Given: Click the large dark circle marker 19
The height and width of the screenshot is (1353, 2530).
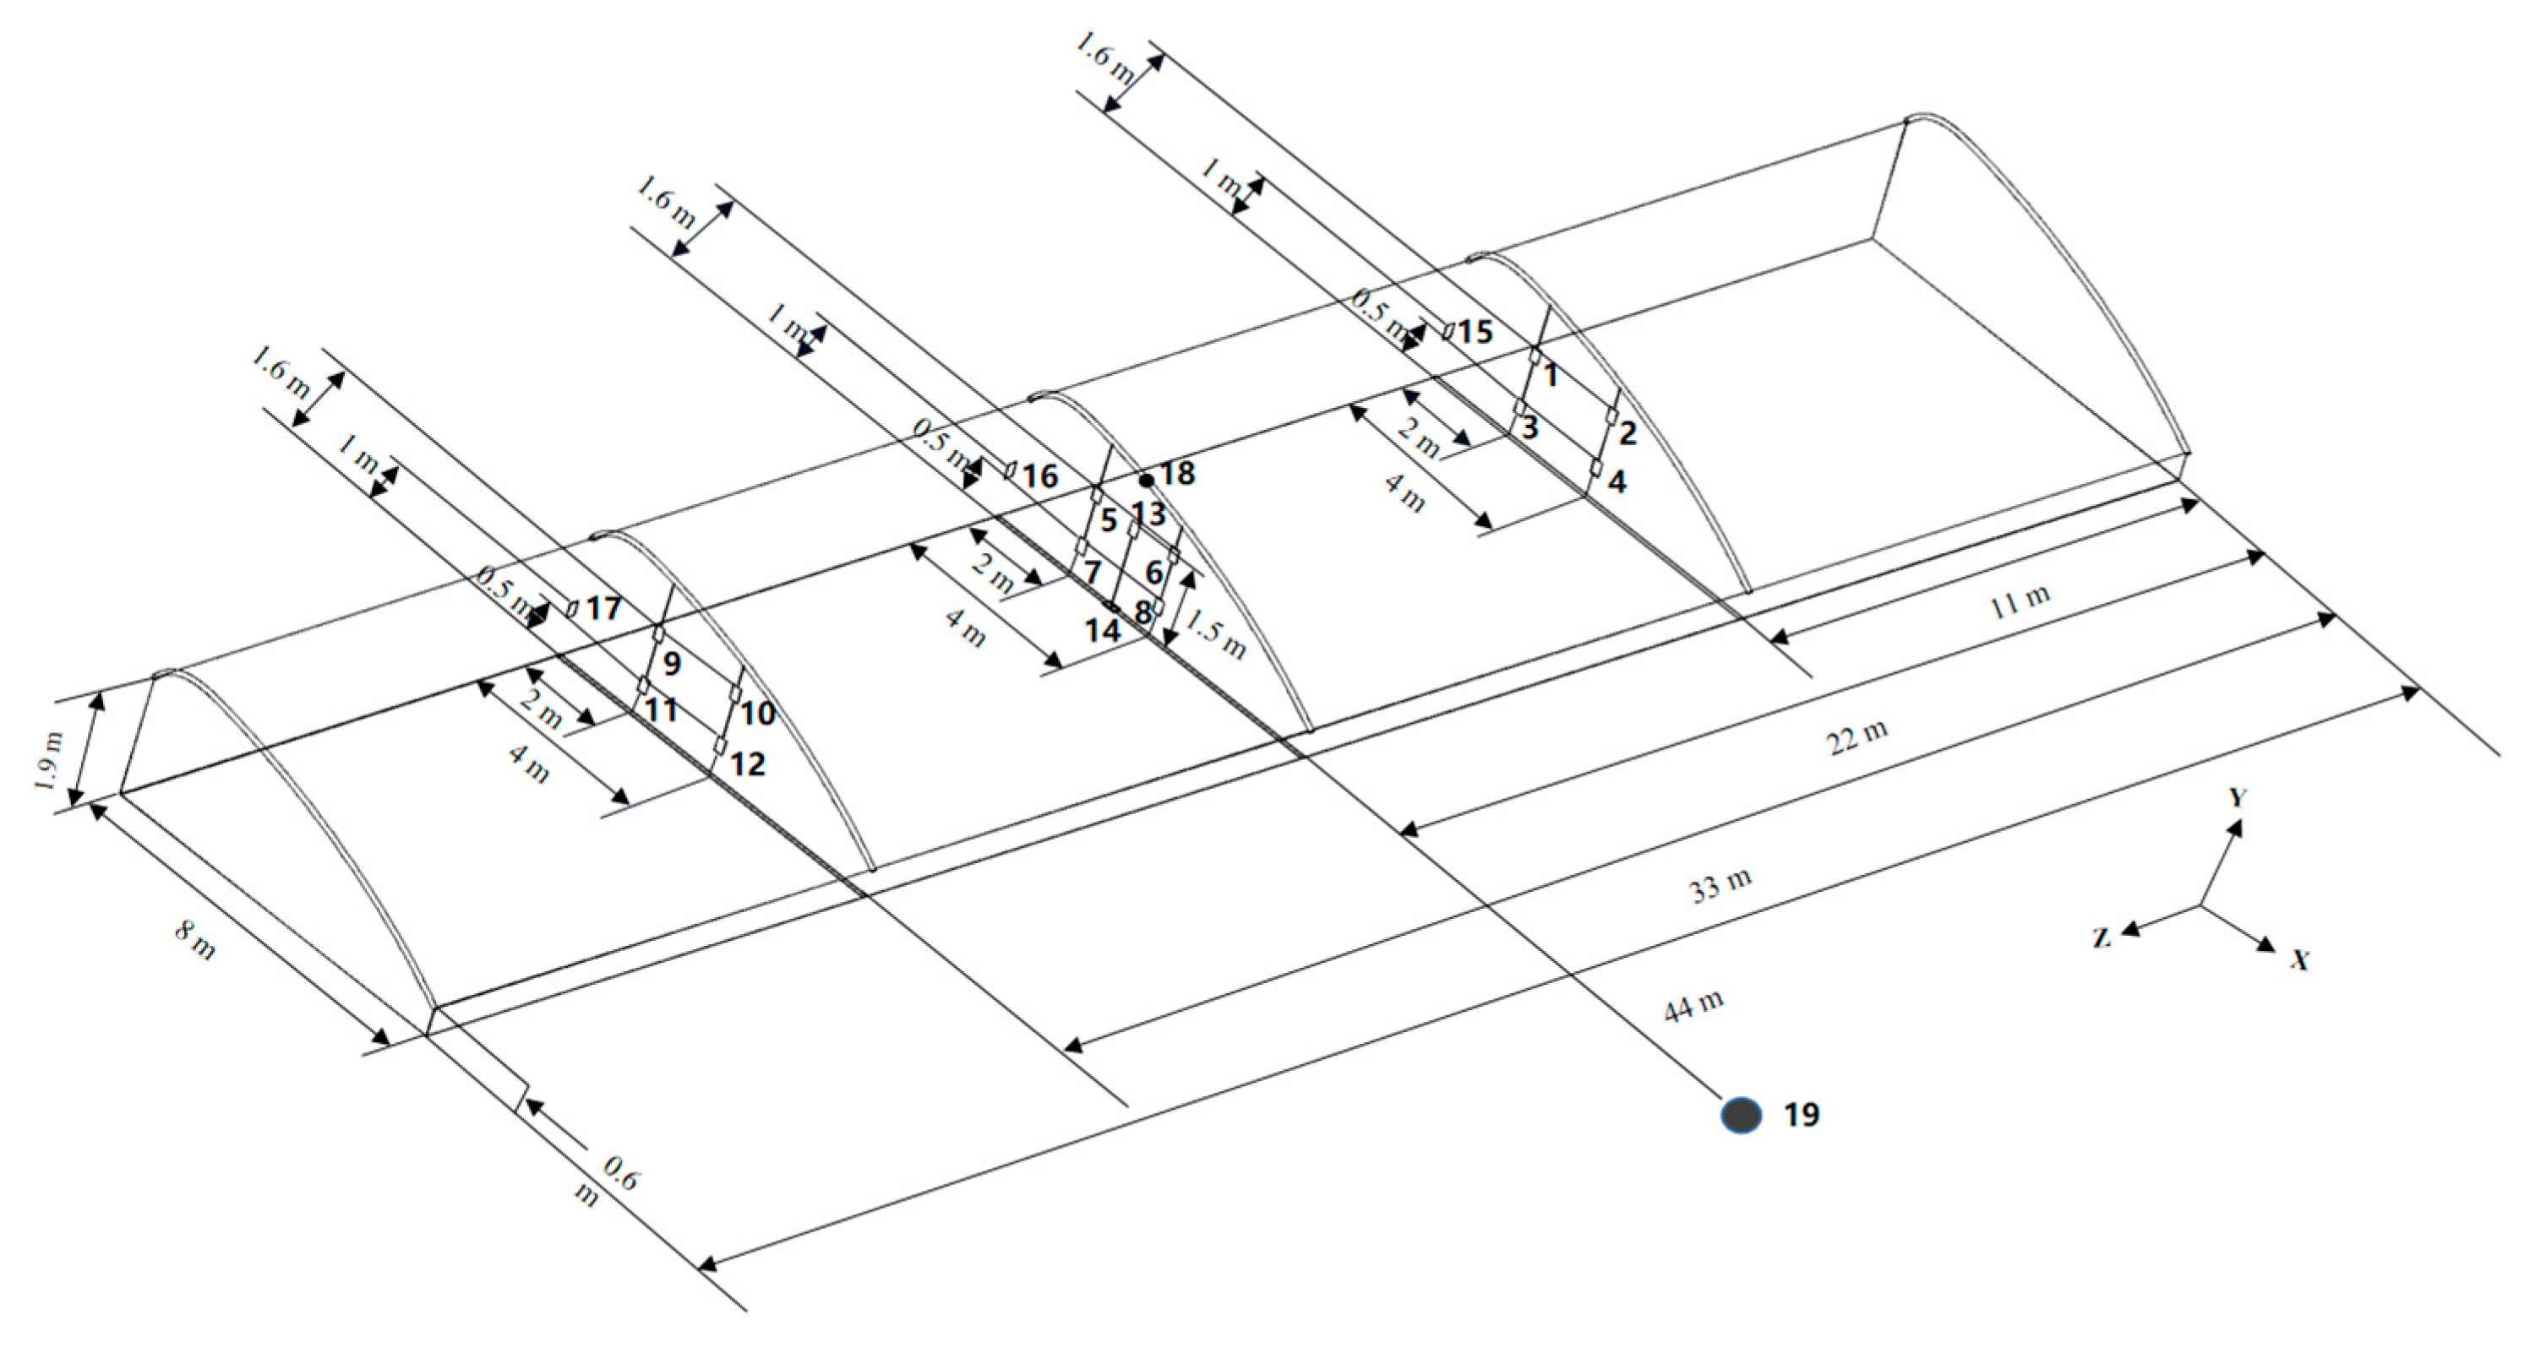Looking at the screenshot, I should tap(1741, 1114).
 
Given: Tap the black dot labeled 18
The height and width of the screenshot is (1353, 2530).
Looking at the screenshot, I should tap(1146, 480).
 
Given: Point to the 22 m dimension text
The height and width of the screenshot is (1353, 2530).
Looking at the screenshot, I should tap(1857, 737).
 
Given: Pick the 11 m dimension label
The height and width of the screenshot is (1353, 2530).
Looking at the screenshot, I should tap(2020, 600).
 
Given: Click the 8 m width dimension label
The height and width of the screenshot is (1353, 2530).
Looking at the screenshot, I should tap(194, 940).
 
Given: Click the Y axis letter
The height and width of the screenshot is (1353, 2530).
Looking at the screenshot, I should tap(2238, 796).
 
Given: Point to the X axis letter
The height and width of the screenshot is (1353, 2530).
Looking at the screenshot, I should tap(2300, 959).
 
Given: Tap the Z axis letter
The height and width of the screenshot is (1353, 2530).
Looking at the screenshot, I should tap(2101, 937).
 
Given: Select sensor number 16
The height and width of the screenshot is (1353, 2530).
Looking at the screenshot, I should tap(1039, 477).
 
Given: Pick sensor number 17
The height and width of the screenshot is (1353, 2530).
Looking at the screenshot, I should tap(603, 609).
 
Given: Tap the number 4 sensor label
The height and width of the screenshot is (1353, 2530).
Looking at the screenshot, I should tap(1617, 481).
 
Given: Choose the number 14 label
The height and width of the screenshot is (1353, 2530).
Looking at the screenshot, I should tap(1102, 630).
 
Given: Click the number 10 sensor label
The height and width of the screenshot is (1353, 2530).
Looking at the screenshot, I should tap(757, 713).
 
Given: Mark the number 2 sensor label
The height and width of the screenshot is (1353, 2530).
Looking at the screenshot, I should tap(1628, 433).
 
